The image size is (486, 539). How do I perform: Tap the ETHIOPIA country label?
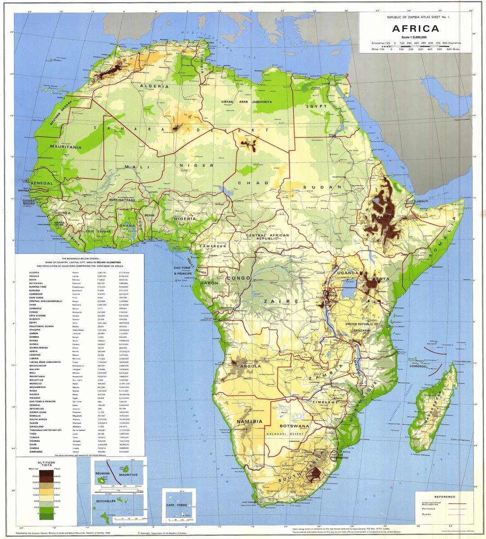click(x=383, y=216)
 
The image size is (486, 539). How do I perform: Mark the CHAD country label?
click(x=246, y=183)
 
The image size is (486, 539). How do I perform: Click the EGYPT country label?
click(x=315, y=106)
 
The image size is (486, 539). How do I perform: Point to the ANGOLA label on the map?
click(x=251, y=366)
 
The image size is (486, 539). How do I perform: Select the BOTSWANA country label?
click(x=294, y=425)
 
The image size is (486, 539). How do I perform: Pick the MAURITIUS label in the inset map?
click(x=128, y=474)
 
